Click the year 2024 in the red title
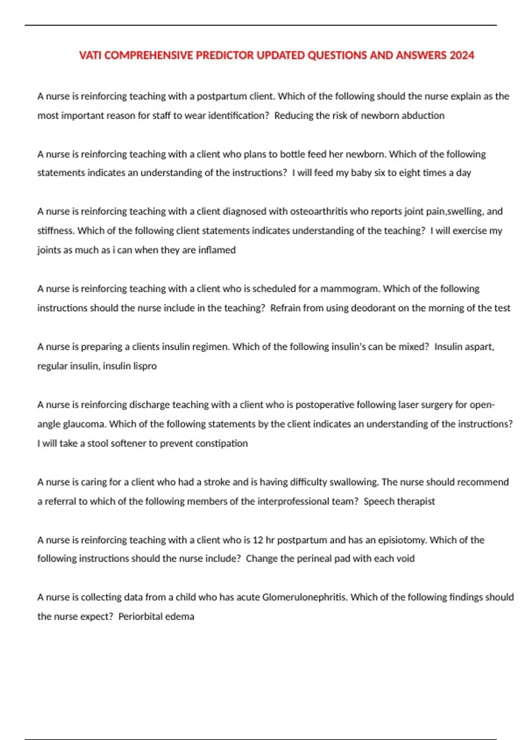(x=462, y=55)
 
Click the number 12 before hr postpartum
(x=258, y=540)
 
